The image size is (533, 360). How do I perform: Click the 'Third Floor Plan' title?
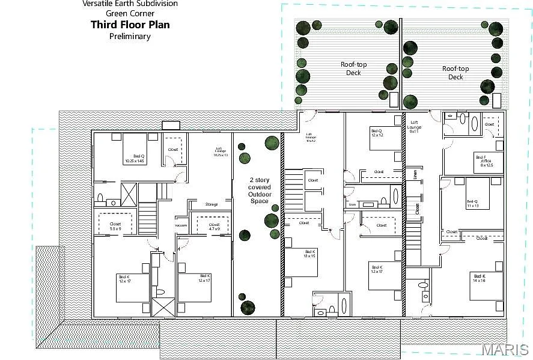[130, 25]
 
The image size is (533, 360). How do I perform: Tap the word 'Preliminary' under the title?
[130, 36]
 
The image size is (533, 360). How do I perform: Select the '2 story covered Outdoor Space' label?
[260, 190]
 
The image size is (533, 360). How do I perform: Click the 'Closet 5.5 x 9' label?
[115, 226]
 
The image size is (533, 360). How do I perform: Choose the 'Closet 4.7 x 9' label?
[214, 227]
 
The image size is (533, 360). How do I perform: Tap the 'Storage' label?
[211, 204]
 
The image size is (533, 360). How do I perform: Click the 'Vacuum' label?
[181, 225]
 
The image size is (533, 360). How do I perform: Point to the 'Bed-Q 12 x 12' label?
[377, 133]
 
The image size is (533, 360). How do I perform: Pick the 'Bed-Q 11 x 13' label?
[474, 204]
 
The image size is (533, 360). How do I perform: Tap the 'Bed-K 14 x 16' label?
[478, 278]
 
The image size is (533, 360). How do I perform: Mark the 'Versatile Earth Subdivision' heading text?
[130, 4]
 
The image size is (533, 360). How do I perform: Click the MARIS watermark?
[506, 349]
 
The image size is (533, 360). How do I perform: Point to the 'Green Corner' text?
[130, 13]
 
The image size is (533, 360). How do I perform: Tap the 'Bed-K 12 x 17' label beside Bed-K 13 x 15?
[377, 269]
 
